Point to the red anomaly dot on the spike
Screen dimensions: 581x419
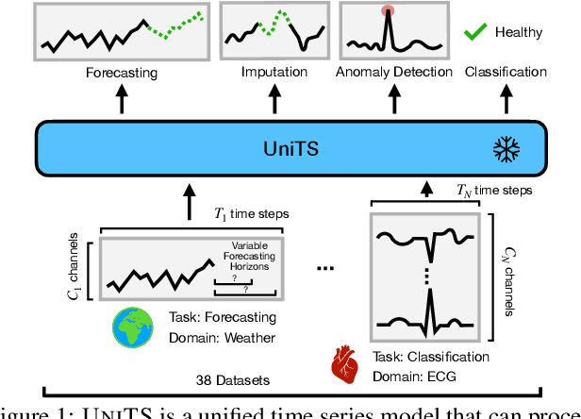point(387,12)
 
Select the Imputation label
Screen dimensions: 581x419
point(274,72)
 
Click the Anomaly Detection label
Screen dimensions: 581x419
point(387,72)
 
